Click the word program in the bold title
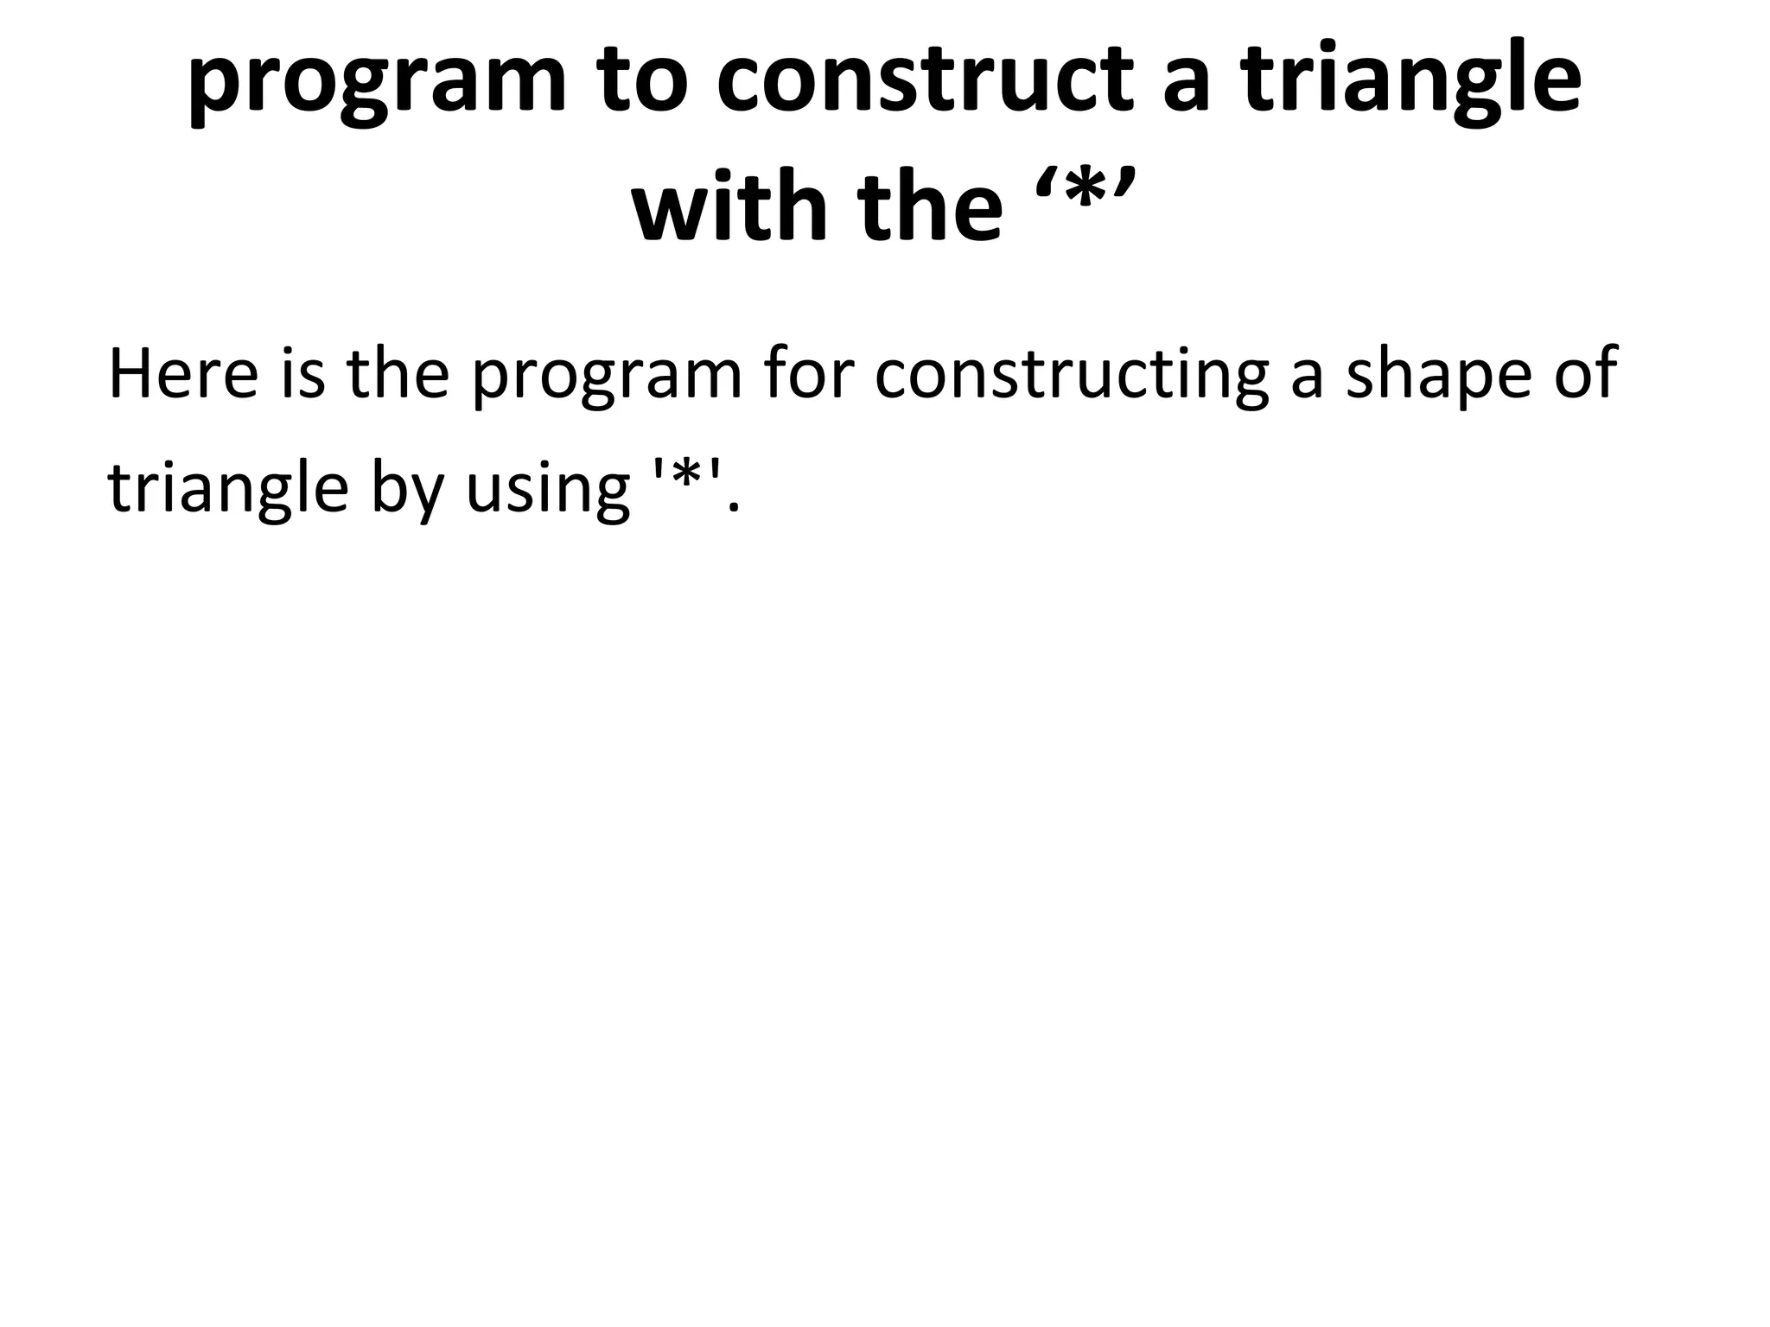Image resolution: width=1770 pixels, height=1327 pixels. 377,82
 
